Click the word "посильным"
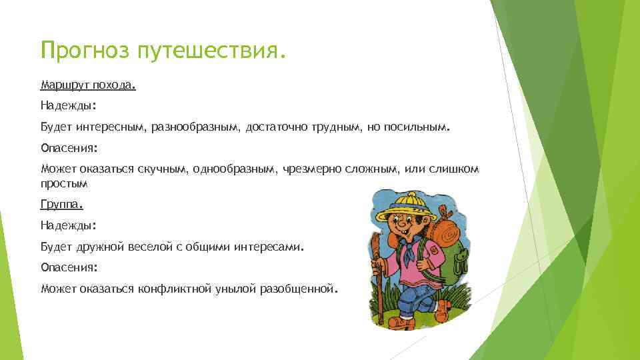click(x=417, y=127)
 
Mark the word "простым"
click(x=64, y=183)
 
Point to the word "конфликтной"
click(x=175, y=289)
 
